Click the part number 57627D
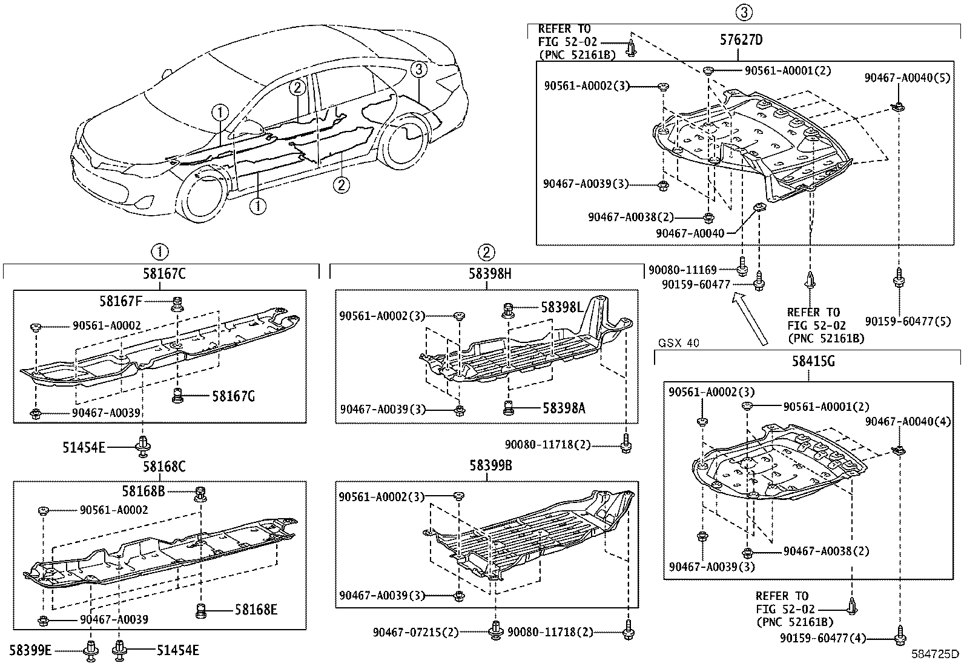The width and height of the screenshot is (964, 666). tap(741, 41)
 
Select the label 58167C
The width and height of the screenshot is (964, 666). tap(164, 274)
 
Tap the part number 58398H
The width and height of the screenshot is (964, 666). tap(489, 274)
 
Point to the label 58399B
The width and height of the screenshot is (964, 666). tap(489, 466)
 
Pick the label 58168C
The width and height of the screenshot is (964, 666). tap(164, 467)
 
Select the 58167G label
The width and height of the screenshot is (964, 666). tap(233, 396)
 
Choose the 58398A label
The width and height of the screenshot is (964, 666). tap(563, 408)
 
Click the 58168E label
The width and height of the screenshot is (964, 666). tap(256, 609)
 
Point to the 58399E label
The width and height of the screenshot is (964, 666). tap(31, 651)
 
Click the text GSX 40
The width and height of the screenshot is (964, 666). tap(679, 343)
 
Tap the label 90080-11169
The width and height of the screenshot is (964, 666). tap(682, 270)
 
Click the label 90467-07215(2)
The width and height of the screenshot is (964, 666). tap(416, 633)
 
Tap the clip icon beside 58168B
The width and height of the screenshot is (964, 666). tap(199, 493)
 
